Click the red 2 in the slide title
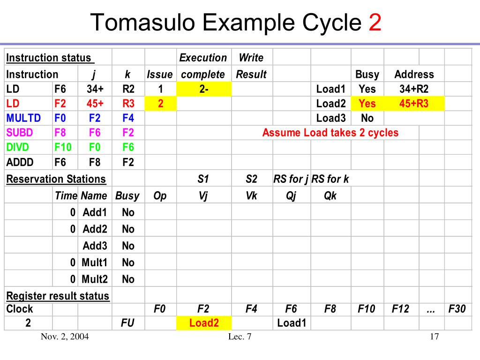[x=375, y=22]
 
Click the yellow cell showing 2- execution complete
[x=204, y=89]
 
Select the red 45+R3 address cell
[x=414, y=104]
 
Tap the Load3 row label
[x=330, y=118]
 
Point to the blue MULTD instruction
[x=24, y=118]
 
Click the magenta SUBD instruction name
[x=20, y=133]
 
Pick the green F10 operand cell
[x=63, y=147]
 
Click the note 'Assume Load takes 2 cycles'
[x=330, y=133]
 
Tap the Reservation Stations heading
[x=56, y=179]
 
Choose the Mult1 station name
[x=94, y=262]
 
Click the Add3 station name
[x=95, y=246]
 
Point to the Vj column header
[x=203, y=196]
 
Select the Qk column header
[x=330, y=196]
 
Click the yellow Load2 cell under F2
[x=204, y=323]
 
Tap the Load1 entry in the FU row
[x=291, y=323]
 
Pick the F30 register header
[x=457, y=309]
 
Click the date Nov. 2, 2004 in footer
[x=65, y=337]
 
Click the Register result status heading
[x=58, y=296]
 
